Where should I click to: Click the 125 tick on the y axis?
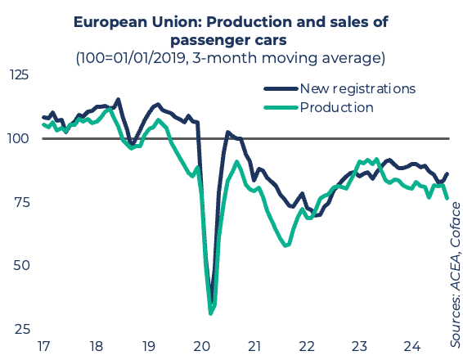(x=19, y=74)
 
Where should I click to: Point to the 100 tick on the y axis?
(x=18, y=138)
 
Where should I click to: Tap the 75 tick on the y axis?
(x=22, y=202)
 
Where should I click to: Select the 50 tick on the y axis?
(x=21, y=265)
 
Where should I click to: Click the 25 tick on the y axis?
(x=22, y=329)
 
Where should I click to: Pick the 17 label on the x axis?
(x=43, y=346)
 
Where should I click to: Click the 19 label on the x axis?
(x=149, y=346)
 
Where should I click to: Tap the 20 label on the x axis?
(x=202, y=346)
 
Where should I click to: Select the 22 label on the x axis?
(x=307, y=346)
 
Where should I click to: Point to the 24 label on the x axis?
(x=412, y=346)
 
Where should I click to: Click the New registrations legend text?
(x=357, y=88)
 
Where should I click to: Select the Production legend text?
(x=337, y=107)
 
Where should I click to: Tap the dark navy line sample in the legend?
(x=281, y=88)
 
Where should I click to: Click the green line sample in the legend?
(x=281, y=107)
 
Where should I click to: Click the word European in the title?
(x=110, y=22)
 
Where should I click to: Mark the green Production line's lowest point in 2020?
(x=210, y=313)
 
